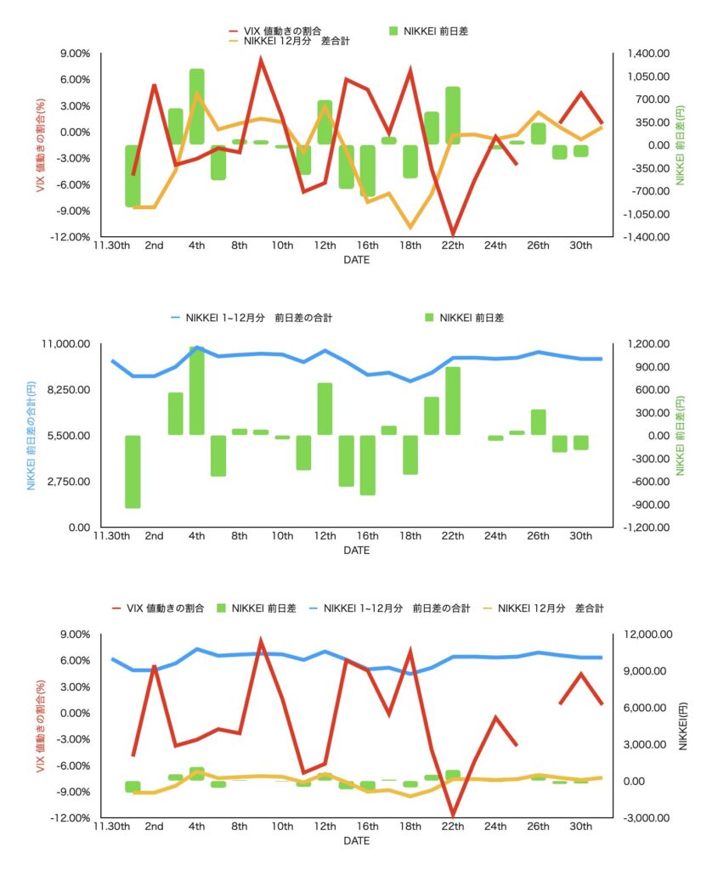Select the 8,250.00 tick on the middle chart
tap(67, 390)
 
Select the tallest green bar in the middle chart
tap(197, 390)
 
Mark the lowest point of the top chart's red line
tap(453, 234)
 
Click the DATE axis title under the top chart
tap(356, 260)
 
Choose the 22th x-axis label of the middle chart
tap(453, 536)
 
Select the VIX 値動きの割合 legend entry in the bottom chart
tap(159, 608)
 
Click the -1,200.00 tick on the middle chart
tap(646, 528)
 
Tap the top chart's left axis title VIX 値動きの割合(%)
tap(40, 144)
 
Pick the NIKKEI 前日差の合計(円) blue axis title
tap(31, 435)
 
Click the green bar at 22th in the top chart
tap(453, 115)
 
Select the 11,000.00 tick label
tap(67, 344)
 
